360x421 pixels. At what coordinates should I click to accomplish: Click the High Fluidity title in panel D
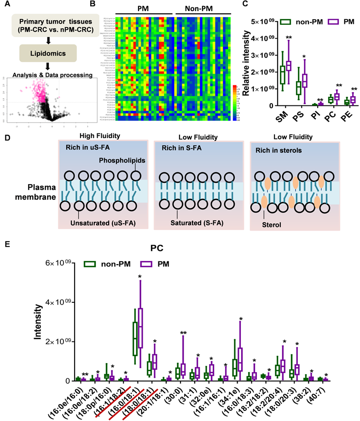(94, 136)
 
